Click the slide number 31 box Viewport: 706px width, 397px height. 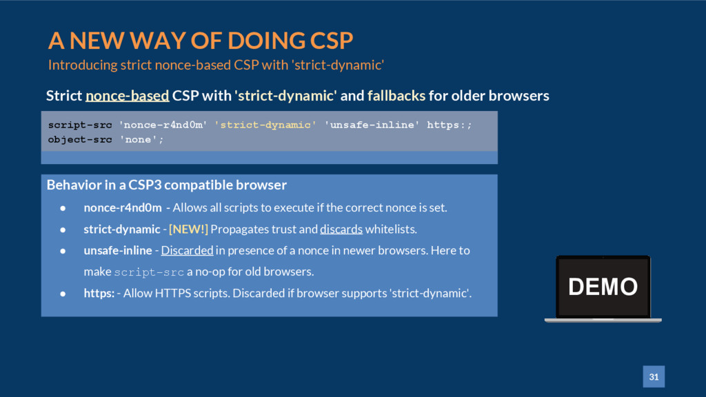coord(654,377)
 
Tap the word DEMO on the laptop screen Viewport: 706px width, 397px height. coord(603,287)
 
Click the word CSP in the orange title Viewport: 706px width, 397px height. coord(332,41)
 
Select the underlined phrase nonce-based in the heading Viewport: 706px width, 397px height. coord(128,96)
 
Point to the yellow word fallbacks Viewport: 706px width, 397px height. coord(396,96)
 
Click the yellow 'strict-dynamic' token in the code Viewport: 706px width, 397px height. coord(265,125)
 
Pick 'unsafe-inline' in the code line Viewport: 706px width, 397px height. coord(372,125)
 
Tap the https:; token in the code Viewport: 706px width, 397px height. coord(450,125)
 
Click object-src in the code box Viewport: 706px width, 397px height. coord(80,139)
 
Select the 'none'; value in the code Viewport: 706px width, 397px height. coord(141,139)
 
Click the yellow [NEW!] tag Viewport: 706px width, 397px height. coord(188,229)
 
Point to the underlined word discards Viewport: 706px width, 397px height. coord(341,229)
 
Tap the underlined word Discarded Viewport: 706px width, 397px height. coord(188,250)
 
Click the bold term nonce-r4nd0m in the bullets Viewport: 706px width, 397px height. coord(123,207)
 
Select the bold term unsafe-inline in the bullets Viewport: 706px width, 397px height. coord(118,250)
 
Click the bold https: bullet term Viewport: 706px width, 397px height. coord(99,293)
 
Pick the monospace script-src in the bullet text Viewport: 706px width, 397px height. coord(149,272)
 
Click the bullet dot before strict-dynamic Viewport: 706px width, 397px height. coord(63,230)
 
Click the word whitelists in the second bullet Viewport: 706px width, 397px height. coord(391,229)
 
